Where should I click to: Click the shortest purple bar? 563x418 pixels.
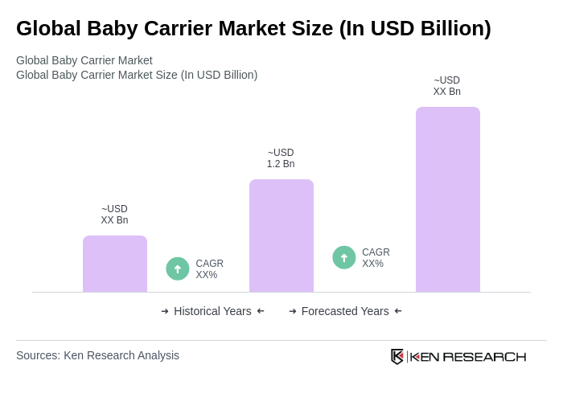point(115,264)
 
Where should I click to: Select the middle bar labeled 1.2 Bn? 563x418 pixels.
point(281,236)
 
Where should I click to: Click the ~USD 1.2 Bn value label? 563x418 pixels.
point(281,158)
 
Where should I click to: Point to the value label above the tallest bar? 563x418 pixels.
point(447,86)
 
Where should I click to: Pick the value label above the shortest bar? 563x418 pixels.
point(114,215)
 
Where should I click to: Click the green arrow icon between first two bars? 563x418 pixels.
point(178,268)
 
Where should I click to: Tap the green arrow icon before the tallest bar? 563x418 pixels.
point(344,257)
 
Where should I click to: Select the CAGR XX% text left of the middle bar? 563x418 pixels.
point(209,269)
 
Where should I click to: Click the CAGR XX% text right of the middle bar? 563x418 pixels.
point(376,258)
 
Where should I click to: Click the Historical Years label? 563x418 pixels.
point(212,311)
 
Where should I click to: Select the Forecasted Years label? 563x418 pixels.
point(345,311)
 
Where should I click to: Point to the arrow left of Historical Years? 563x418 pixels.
point(165,311)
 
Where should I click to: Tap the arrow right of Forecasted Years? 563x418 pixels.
point(398,311)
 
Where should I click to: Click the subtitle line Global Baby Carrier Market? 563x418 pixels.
point(84,60)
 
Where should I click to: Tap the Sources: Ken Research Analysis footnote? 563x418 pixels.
point(97,355)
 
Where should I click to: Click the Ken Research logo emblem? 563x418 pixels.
point(397,356)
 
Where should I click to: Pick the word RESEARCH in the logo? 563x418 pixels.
point(484,357)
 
